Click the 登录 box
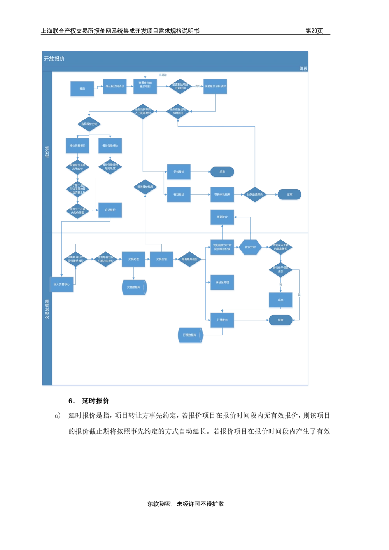82,89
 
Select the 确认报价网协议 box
115,87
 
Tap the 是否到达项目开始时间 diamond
180,86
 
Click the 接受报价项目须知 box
215,87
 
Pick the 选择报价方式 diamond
89,124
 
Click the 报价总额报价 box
77,146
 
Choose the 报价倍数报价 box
110,146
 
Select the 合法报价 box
110,210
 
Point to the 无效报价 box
179,172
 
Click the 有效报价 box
179,195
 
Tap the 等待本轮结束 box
222,195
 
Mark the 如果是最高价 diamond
255,195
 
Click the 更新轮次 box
222,217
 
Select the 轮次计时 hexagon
250,247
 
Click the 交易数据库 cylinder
134,288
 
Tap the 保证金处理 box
222,283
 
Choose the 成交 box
280,300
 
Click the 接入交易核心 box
62,285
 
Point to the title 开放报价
54,59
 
